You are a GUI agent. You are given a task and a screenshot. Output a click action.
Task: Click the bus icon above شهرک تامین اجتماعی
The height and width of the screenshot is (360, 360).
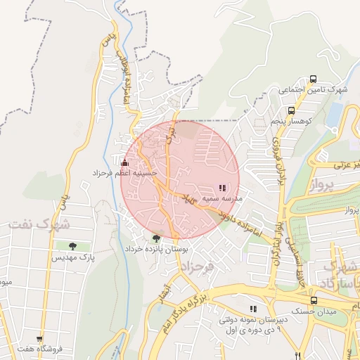(x=313, y=79)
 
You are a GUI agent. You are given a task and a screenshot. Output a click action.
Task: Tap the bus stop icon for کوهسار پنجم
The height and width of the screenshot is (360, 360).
(x=291, y=110)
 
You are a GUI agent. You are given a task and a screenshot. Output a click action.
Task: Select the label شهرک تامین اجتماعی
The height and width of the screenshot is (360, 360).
(x=313, y=90)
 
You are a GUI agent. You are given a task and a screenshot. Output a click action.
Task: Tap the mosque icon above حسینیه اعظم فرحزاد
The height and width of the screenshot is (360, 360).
(x=125, y=162)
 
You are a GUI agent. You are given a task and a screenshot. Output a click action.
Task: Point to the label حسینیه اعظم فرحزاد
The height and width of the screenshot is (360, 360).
(x=127, y=172)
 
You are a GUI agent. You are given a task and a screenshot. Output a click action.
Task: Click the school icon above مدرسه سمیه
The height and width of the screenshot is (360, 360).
(x=222, y=188)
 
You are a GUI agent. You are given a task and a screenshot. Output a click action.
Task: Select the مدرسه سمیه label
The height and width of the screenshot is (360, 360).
(x=222, y=199)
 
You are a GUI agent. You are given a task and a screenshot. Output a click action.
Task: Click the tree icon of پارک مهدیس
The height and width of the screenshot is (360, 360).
(x=72, y=246)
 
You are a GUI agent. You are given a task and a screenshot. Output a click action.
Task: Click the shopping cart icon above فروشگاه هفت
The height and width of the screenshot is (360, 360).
(x=39, y=338)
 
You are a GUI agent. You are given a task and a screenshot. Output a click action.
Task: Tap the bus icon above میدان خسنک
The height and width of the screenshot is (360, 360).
(x=313, y=299)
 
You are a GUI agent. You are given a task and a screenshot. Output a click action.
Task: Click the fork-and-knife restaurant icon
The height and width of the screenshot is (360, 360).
(x=299, y=356)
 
